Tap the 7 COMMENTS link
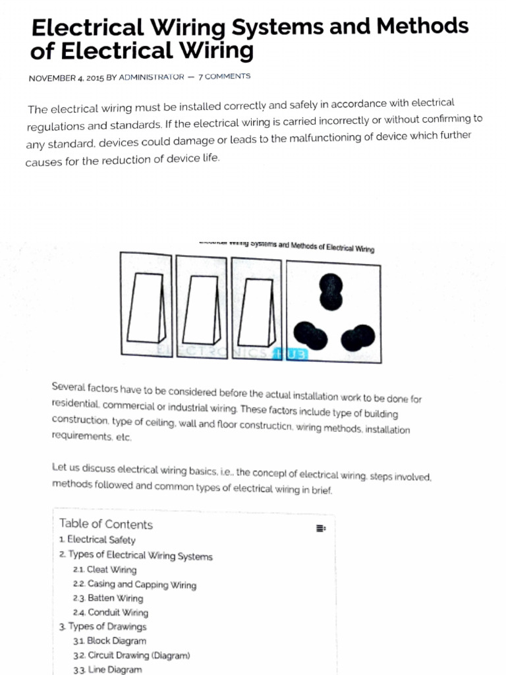(x=224, y=76)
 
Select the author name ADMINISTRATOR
(x=152, y=77)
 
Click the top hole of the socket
(x=331, y=292)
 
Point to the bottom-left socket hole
(x=310, y=335)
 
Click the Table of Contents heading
(x=105, y=524)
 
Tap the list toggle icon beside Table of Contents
(x=320, y=528)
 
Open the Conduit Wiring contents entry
(x=111, y=612)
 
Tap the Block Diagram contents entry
(x=109, y=641)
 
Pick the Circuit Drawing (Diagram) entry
(x=132, y=655)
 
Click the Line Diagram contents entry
(x=107, y=670)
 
